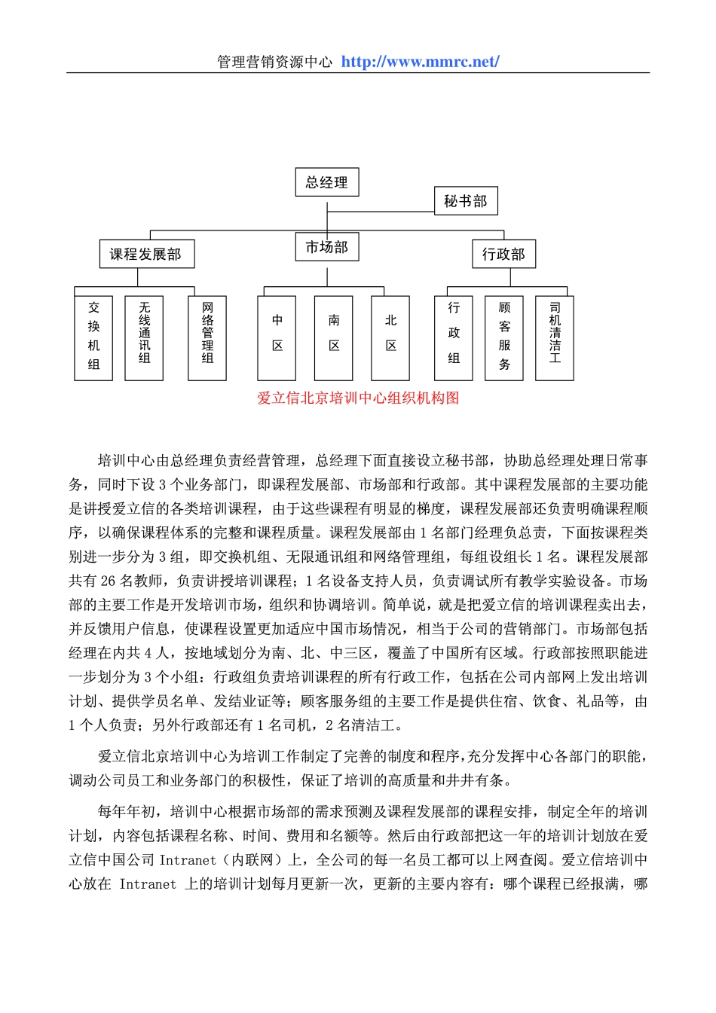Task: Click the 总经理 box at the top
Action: [326, 182]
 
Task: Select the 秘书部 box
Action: [465, 201]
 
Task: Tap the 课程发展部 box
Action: [146, 254]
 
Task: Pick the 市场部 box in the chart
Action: [326, 247]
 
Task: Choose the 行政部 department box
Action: [503, 254]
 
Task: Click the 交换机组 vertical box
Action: [93, 337]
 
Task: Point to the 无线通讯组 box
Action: [145, 337]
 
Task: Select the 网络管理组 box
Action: [207, 337]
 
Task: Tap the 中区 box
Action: [277, 337]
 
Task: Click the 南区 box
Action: [334, 337]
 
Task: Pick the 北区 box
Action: [390, 337]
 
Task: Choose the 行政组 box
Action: [454, 337]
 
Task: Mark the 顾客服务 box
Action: [504, 337]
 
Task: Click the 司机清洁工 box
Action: [555, 337]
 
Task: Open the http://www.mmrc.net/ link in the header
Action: [420, 62]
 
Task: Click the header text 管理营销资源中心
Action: [274, 62]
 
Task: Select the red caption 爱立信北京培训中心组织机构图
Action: [358, 398]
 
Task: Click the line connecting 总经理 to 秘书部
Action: [381, 212]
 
